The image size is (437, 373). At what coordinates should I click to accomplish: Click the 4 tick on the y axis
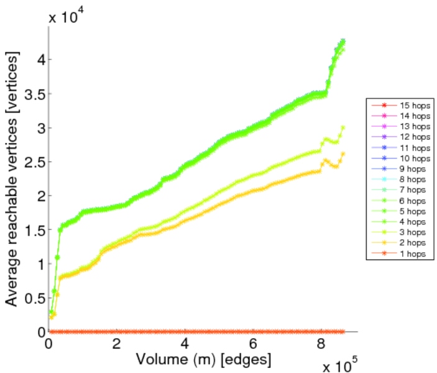pos(39,60)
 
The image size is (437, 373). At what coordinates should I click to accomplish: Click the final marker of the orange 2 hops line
pos(343,154)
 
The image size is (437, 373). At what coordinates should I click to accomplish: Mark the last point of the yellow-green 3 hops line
pos(343,127)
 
